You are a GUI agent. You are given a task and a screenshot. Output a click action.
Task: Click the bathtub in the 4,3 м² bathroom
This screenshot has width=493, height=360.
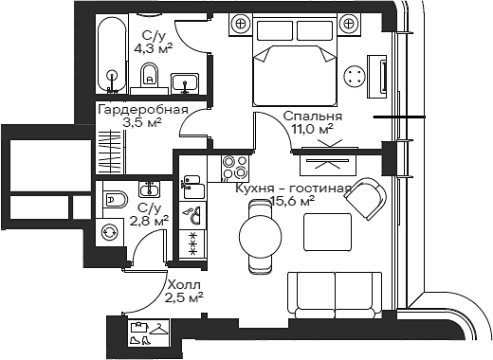112,52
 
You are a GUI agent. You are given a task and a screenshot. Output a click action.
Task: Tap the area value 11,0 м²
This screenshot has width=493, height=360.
312,129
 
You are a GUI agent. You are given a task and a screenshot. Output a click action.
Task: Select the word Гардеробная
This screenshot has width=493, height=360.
143,110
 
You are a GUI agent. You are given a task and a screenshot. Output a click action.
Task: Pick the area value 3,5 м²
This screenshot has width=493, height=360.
142,122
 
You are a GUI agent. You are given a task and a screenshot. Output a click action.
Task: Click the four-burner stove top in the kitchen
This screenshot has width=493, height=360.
232,168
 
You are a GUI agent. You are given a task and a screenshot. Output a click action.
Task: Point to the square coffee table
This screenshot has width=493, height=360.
324,230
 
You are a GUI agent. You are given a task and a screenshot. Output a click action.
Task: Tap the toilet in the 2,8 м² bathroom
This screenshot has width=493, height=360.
113,199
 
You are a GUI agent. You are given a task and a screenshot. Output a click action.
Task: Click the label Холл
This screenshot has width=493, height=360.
184,284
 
